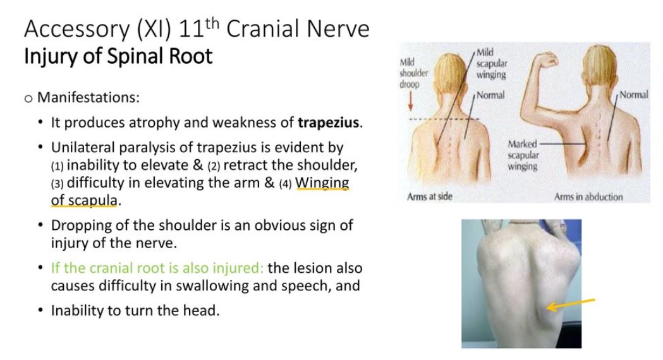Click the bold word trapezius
[x=329, y=123]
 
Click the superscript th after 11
[x=212, y=22]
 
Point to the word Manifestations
[x=88, y=97]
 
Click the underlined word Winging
[x=322, y=183]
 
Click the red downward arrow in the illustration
[x=410, y=103]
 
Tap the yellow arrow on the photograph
[x=570, y=304]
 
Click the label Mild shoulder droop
[x=413, y=73]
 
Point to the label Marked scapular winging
[x=523, y=155]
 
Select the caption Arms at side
[x=430, y=197]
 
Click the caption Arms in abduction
[x=588, y=197]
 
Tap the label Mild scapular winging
[x=491, y=64]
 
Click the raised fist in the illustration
[x=547, y=60]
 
